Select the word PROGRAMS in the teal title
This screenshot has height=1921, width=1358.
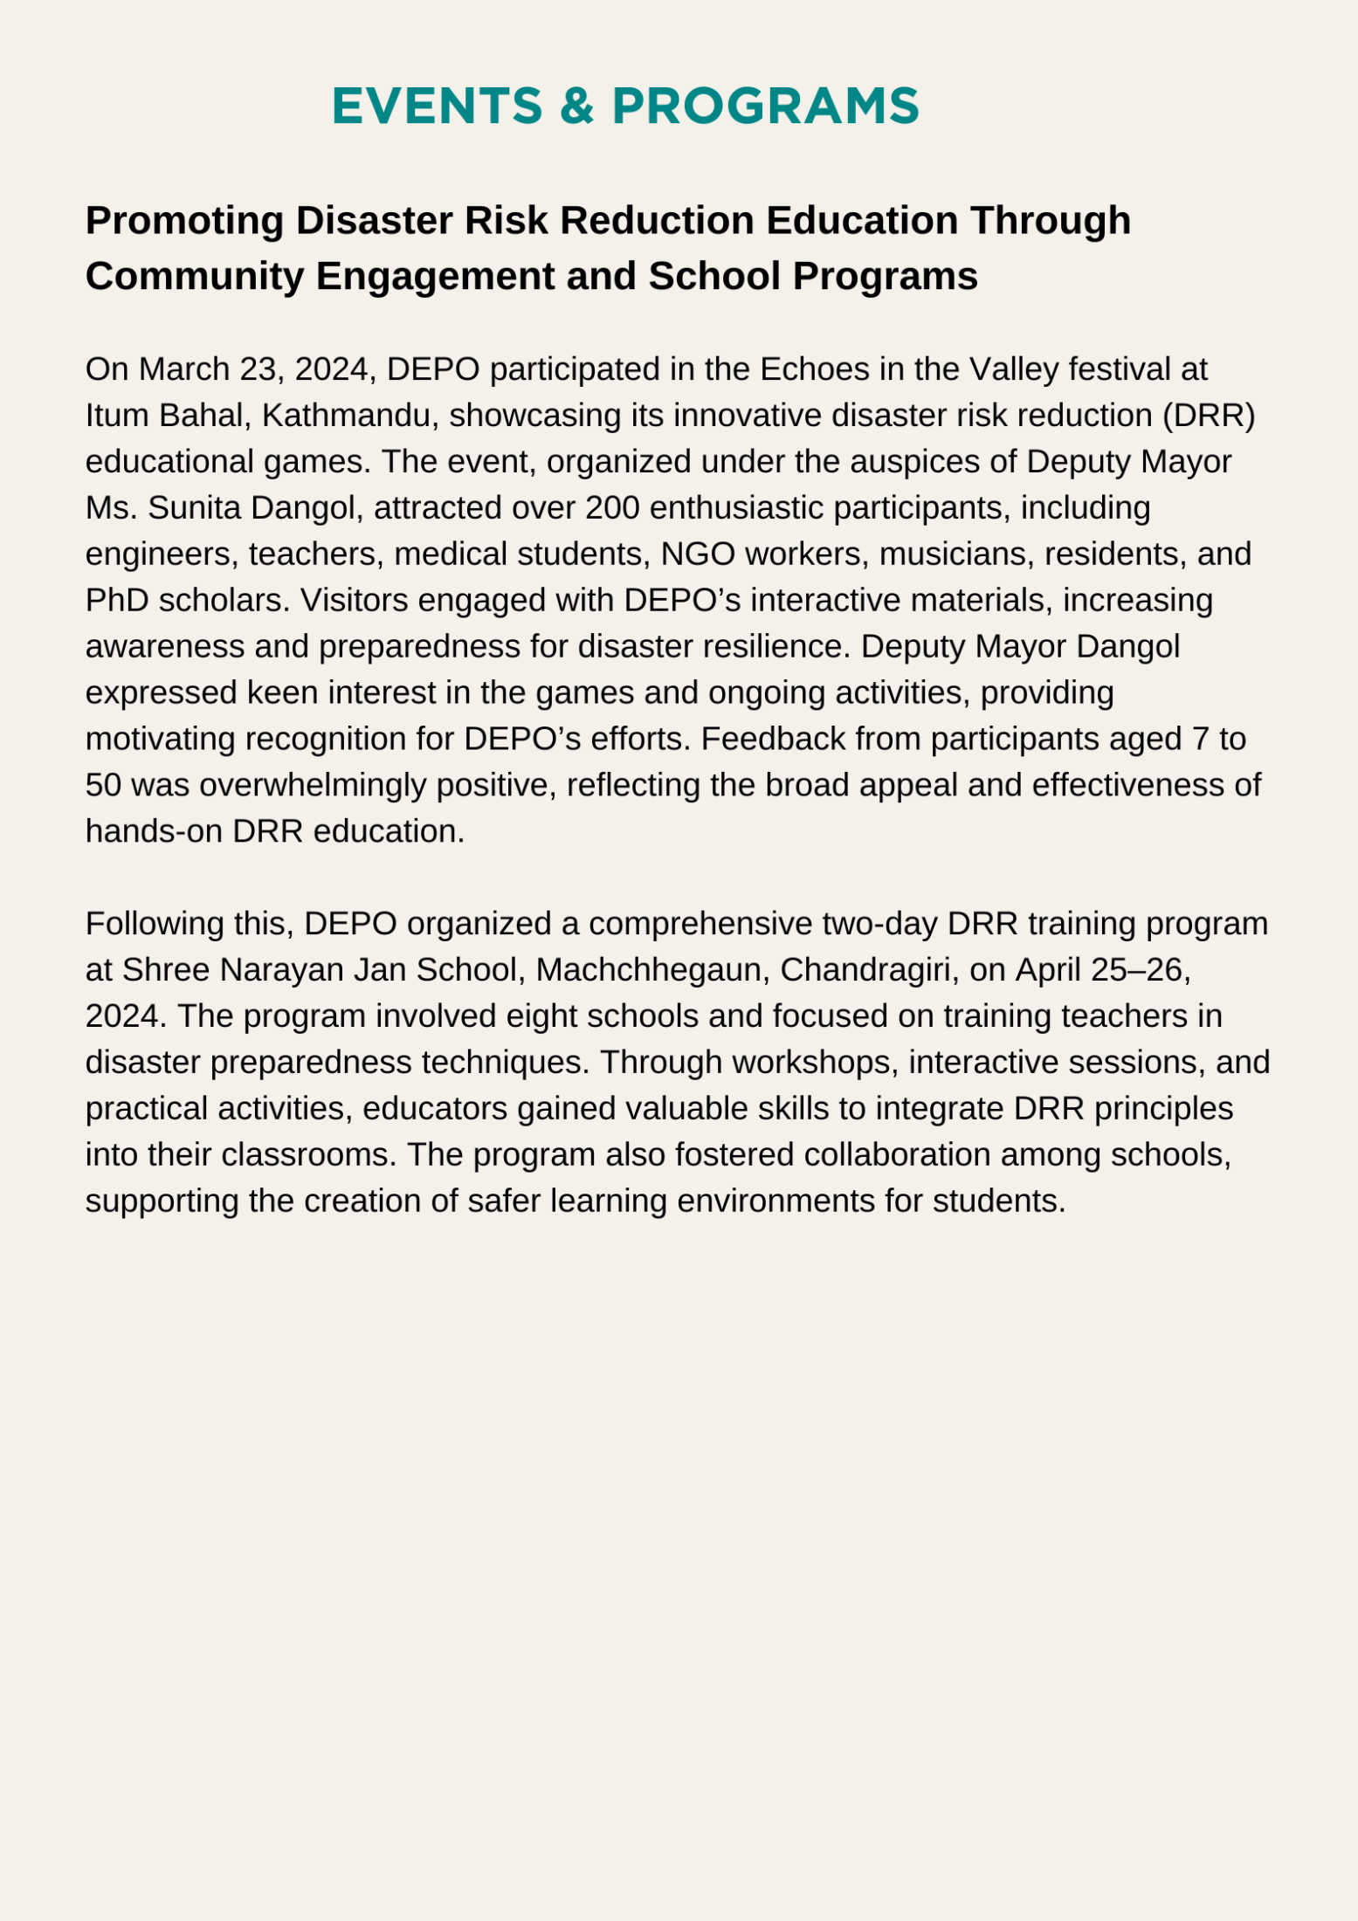pos(765,107)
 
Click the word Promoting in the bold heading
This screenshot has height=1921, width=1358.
pos(184,221)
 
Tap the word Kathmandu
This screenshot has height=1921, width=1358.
pos(346,416)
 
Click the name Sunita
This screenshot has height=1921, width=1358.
pos(195,507)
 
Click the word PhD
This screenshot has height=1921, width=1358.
pos(117,600)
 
